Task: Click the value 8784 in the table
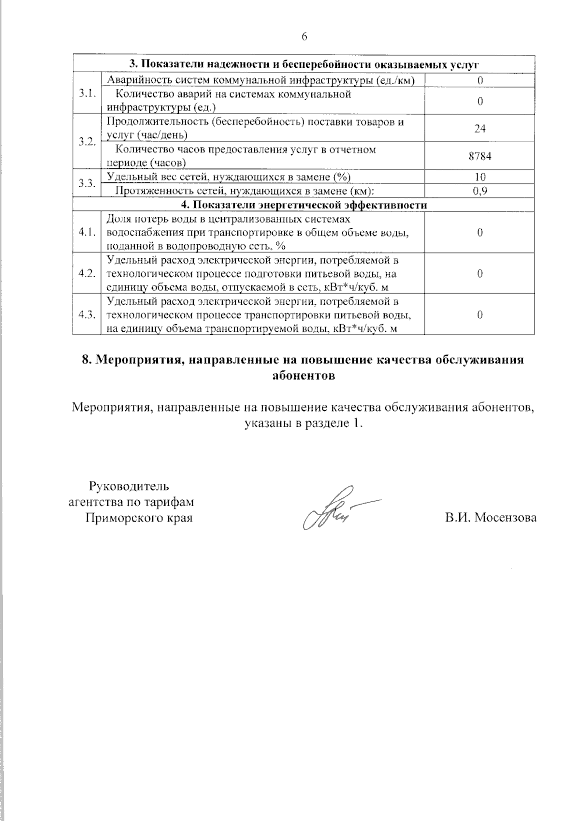(x=480, y=156)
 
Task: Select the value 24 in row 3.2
(x=480, y=129)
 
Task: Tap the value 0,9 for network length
(x=480, y=191)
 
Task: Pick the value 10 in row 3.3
(x=480, y=177)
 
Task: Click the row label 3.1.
(x=87, y=93)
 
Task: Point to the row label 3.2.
(x=87, y=142)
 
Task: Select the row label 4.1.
(x=87, y=233)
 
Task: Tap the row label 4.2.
(x=87, y=274)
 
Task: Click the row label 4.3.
(x=87, y=315)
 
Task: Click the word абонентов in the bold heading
(x=304, y=376)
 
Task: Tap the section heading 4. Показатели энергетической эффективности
(x=304, y=205)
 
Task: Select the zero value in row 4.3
(x=480, y=315)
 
